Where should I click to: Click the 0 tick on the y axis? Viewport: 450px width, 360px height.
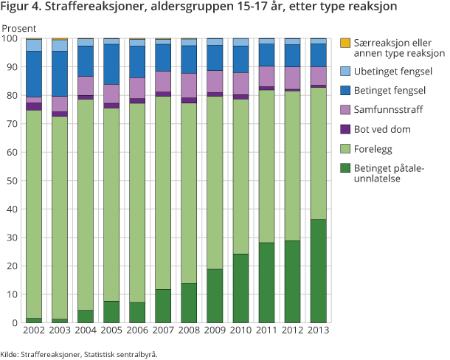click(13, 322)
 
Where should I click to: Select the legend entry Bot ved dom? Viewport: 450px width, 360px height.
click(381, 129)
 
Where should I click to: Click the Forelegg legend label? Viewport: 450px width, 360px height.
click(374, 148)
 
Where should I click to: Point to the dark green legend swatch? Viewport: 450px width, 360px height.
click(344, 169)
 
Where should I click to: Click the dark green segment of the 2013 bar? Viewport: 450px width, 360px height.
click(318, 271)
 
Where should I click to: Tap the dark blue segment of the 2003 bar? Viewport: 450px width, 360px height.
click(59, 73)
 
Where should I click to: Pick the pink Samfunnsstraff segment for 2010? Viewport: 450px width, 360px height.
click(240, 83)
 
